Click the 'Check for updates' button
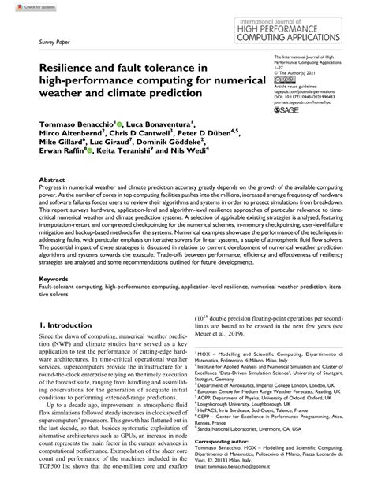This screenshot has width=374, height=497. pos(21,7)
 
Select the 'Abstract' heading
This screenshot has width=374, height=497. pos(51,202)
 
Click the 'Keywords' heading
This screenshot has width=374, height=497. pos(54,299)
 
